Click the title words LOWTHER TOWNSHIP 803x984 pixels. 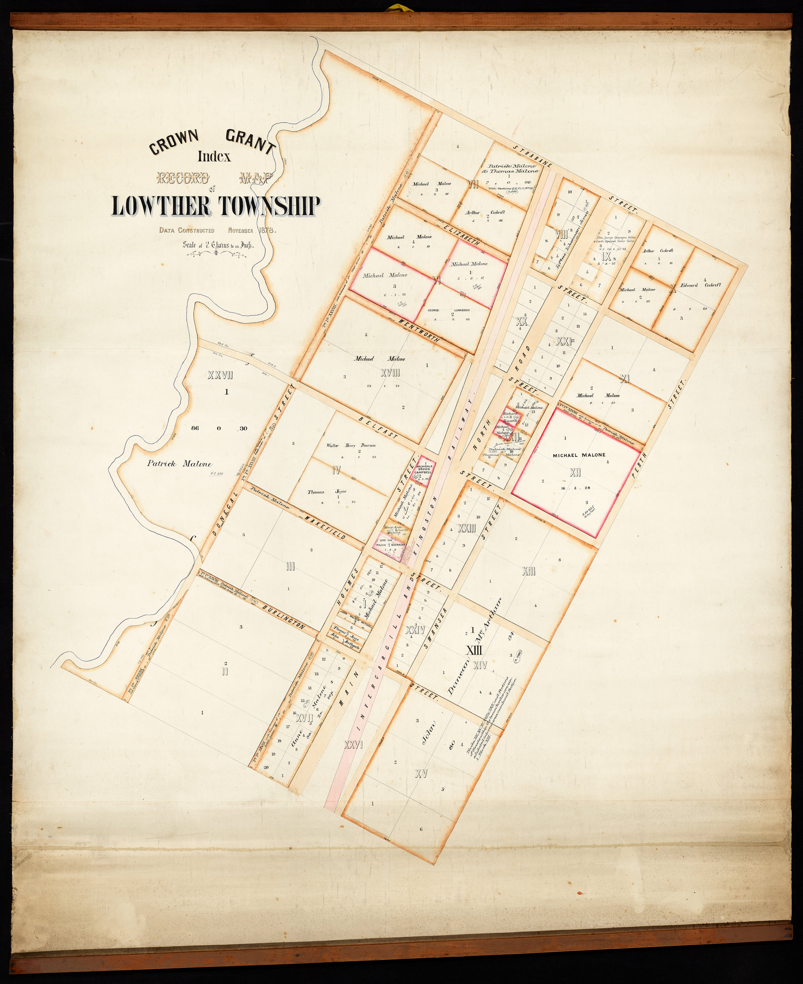pyautogui.click(x=216, y=207)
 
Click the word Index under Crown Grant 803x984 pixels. pyautogui.click(x=214, y=157)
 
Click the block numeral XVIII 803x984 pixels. pyautogui.click(x=389, y=372)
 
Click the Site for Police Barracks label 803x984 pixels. pyautogui.click(x=389, y=546)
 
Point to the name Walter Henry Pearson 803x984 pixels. pyautogui.click(x=351, y=445)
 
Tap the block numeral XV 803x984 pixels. pyautogui.click(x=420, y=773)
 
